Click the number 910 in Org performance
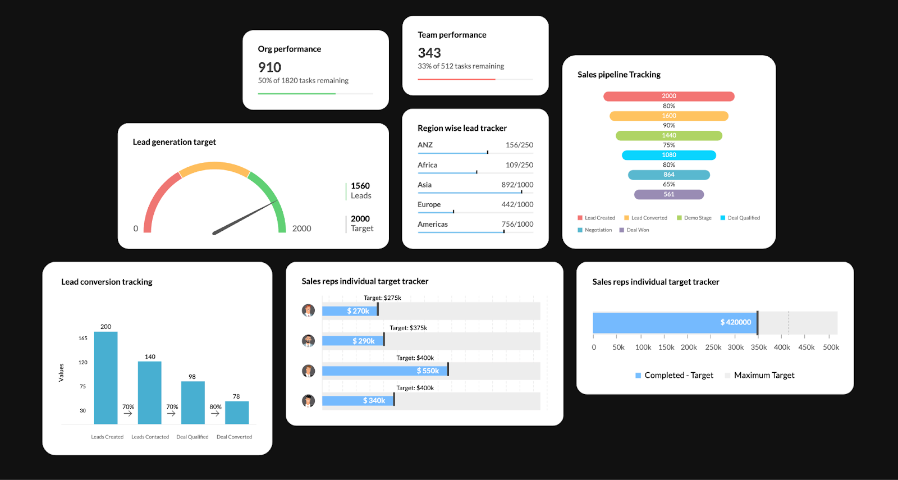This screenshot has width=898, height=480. point(269,67)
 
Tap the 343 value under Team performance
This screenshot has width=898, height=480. point(429,53)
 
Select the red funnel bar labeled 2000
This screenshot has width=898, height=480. point(668,96)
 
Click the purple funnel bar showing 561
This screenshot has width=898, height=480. point(668,194)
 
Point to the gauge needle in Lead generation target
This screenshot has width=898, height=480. point(245,217)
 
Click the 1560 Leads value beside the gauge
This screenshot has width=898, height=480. point(360,190)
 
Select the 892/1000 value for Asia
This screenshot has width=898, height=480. point(517,185)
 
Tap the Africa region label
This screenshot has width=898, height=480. point(427,165)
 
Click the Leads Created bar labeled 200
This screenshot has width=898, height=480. point(106,377)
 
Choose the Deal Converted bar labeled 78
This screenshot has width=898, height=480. point(236,412)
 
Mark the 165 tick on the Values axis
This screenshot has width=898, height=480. point(83,338)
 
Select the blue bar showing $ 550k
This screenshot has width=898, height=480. point(385,371)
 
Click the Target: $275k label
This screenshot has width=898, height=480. point(382,298)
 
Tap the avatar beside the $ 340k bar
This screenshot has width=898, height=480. point(308,400)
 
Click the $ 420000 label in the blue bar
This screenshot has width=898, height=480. point(735,322)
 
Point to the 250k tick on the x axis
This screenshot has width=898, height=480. point(713,347)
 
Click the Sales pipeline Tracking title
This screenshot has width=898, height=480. point(618,75)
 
